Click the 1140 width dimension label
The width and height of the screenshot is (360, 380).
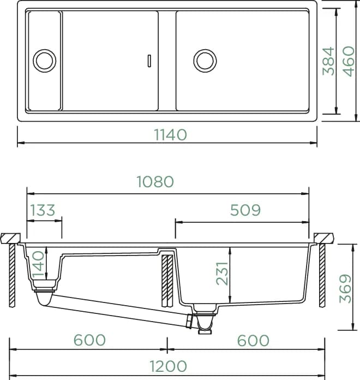170,135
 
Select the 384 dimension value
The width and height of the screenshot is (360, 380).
329,61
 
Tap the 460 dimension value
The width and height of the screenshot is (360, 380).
349,61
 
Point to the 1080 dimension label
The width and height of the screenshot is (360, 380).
155,181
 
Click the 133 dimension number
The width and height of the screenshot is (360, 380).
43,210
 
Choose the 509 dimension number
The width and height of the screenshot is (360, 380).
245,210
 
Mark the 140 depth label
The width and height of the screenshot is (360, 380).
38,264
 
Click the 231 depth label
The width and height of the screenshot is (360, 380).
222,273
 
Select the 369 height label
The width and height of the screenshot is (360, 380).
345,289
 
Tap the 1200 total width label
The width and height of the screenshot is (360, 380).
168,366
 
